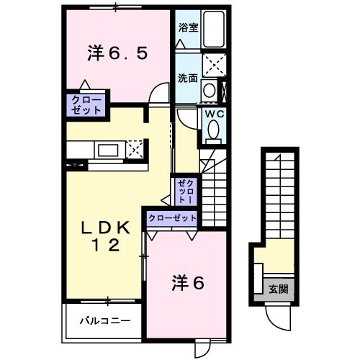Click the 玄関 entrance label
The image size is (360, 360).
279,289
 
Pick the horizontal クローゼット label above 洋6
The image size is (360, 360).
173,217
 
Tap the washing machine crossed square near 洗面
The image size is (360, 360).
213,64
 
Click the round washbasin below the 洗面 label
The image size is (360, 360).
208,91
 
